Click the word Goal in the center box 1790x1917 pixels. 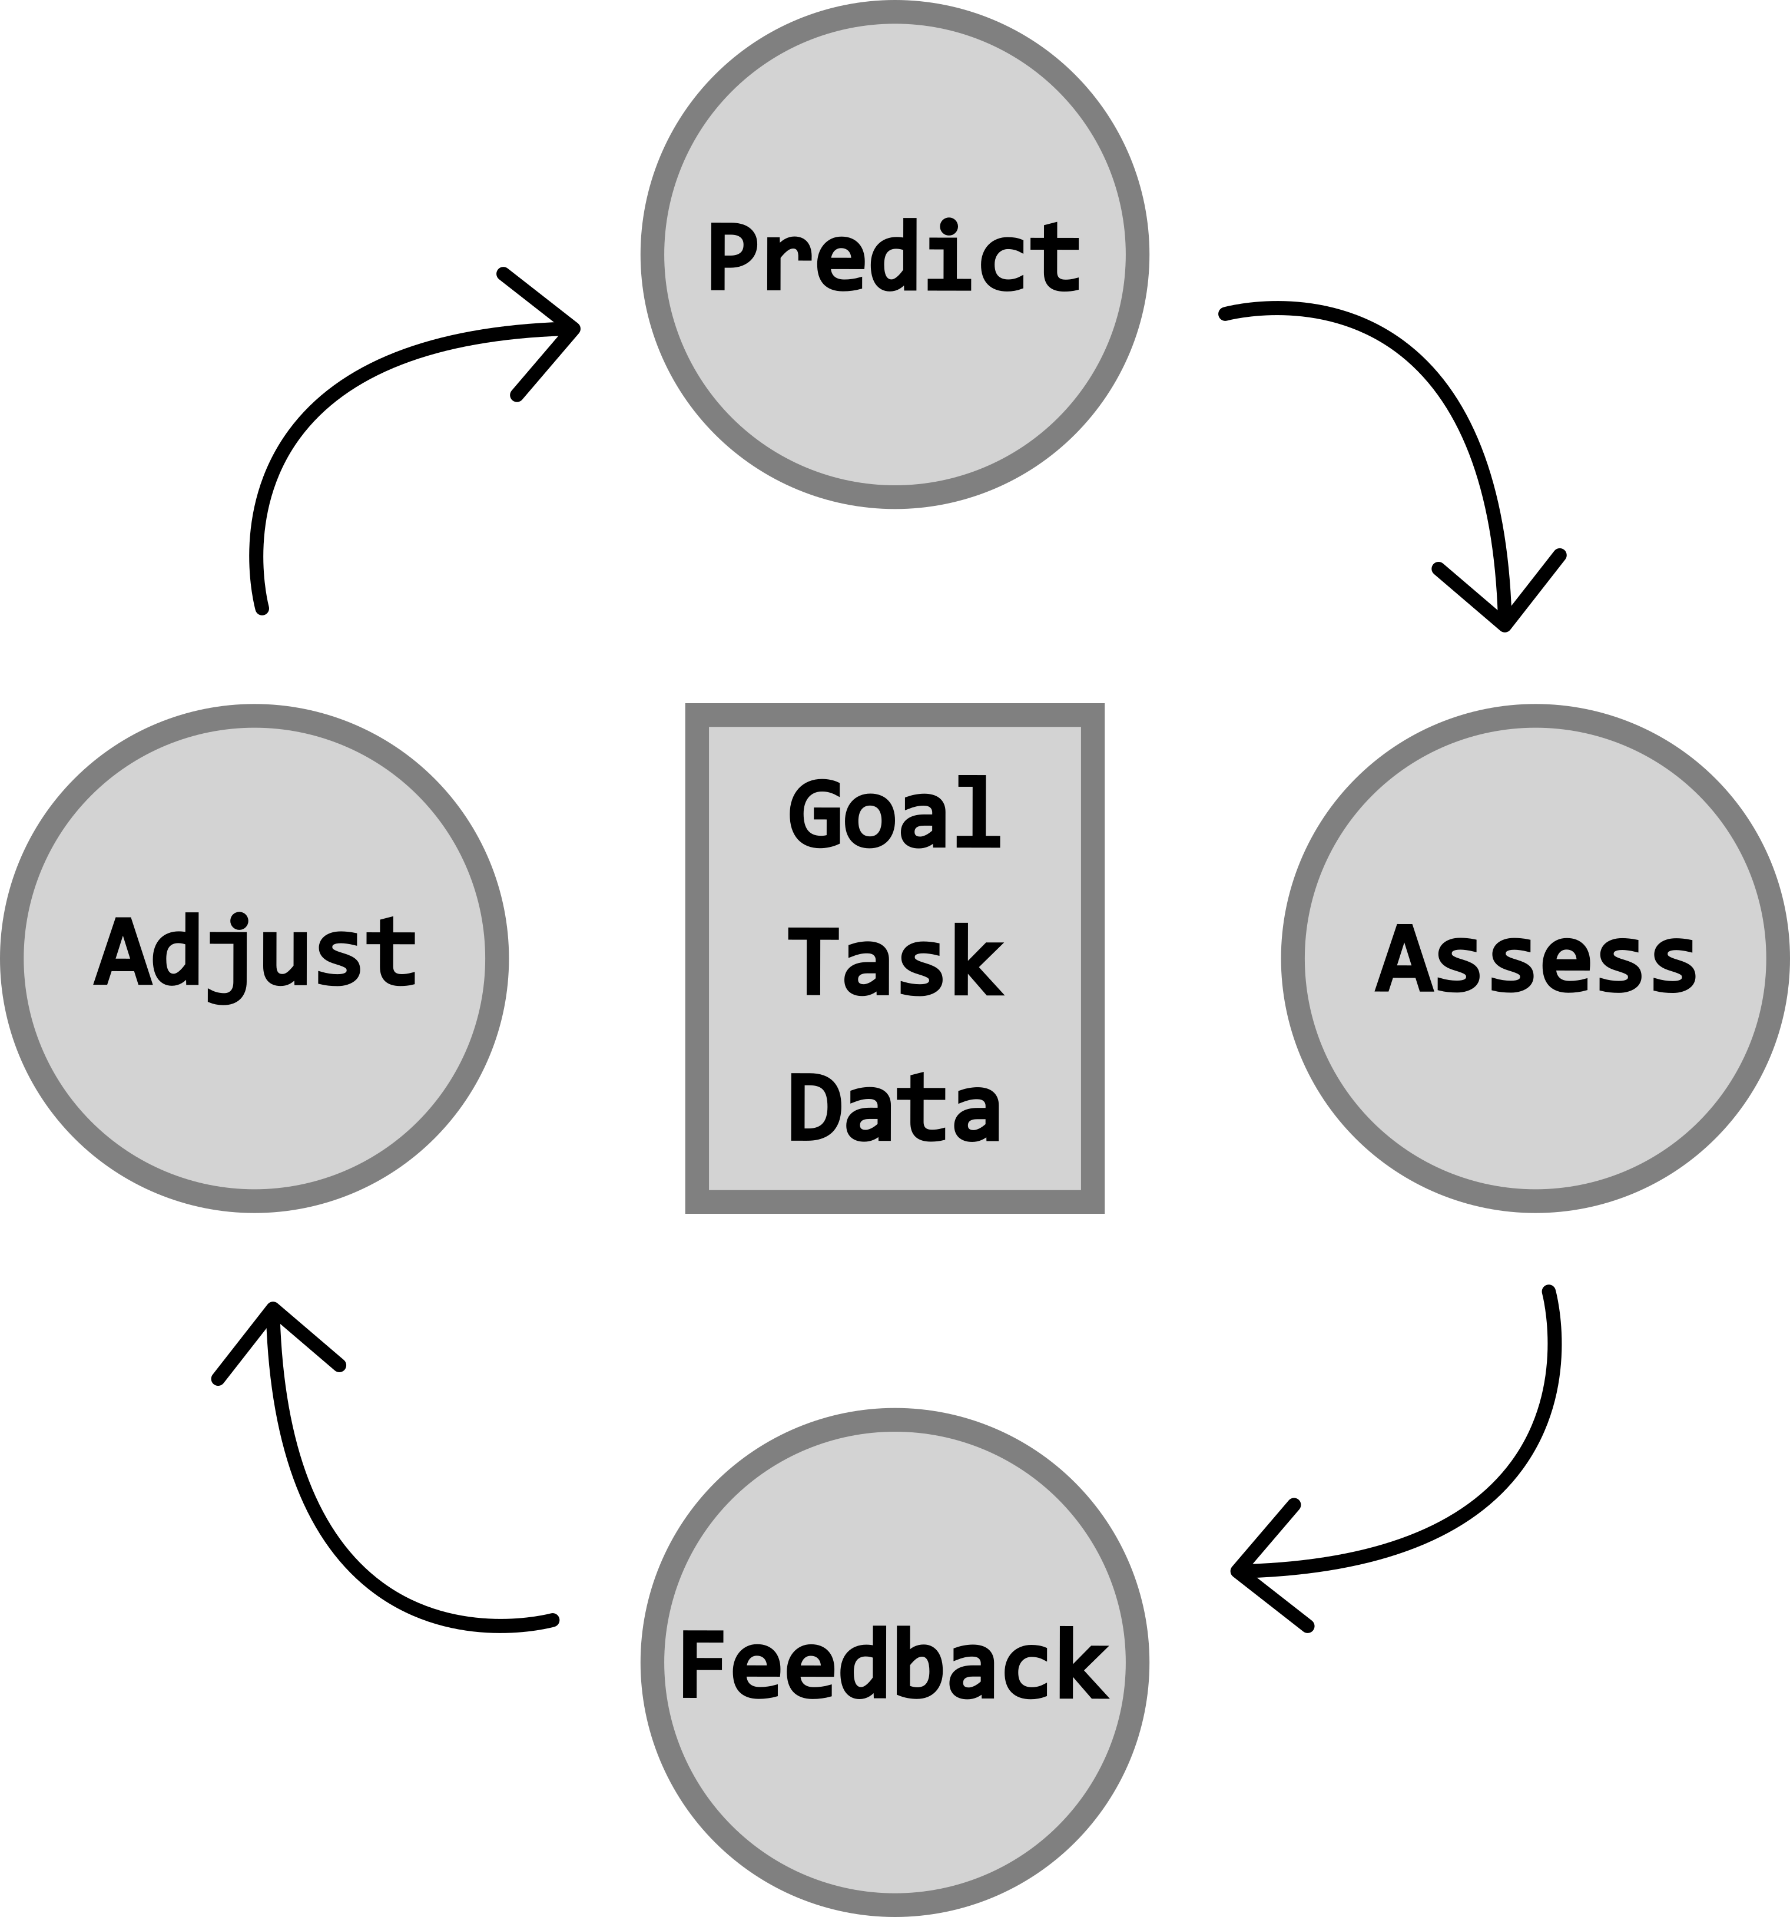pos(894,815)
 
